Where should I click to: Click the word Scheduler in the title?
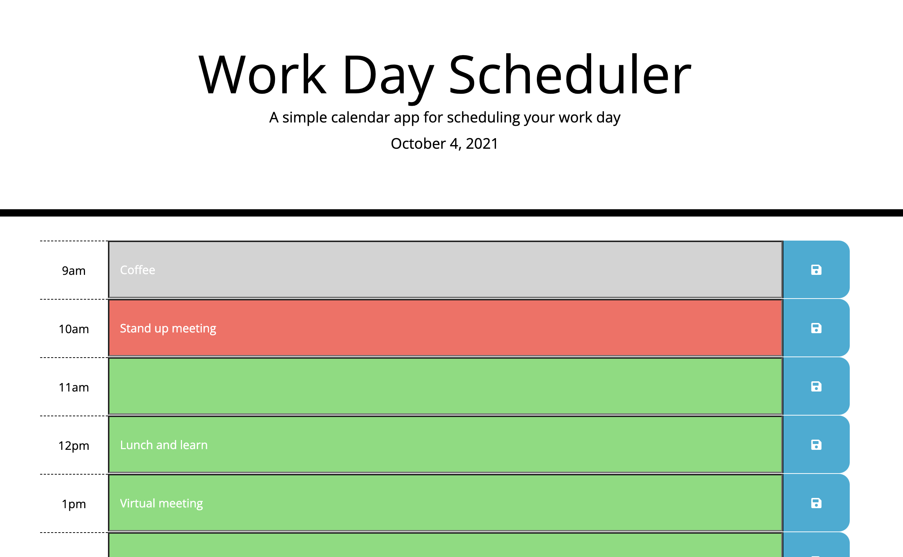pos(569,75)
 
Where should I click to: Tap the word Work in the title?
pos(263,75)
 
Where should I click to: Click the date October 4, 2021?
pos(445,144)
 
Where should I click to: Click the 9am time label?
pos(74,271)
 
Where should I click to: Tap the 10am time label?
pos(74,329)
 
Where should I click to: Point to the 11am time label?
pos(74,387)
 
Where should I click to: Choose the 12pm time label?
pos(74,446)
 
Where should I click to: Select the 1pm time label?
pos(74,504)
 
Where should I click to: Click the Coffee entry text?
pos(137,270)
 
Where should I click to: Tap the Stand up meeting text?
pos(168,328)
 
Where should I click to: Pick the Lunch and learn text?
pos(164,445)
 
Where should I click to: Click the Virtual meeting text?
pos(162,503)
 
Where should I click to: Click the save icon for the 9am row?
pos(816,270)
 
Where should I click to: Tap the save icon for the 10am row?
pos(816,328)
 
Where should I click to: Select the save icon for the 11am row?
pos(816,386)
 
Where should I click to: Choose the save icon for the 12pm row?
pos(816,445)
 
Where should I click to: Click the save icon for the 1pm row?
pos(816,503)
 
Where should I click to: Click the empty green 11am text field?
pos(445,386)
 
